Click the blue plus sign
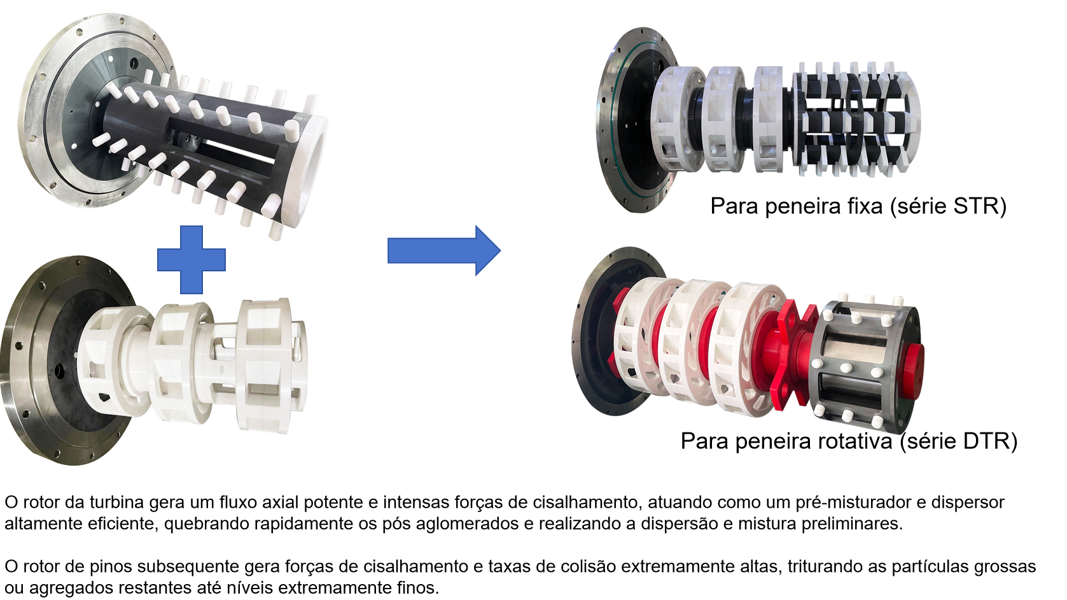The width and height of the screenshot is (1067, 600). pyautogui.click(x=192, y=259)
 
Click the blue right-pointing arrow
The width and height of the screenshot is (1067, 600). pyautogui.click(x=444, y=250)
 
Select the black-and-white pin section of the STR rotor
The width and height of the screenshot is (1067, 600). pyautogui.click(x=856, y=119)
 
